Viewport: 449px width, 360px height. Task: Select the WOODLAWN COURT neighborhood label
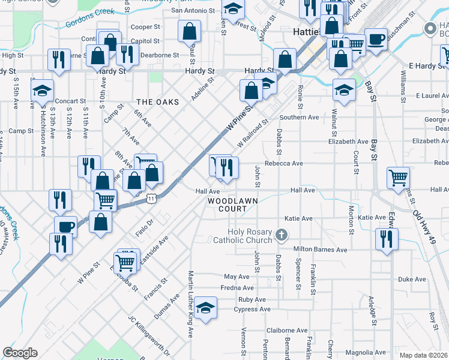coord(228,205)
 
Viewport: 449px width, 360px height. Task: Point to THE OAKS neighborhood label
coord(157,102)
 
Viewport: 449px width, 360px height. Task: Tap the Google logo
coord(20,353)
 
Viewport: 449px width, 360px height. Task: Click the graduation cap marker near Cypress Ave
coord(206,310)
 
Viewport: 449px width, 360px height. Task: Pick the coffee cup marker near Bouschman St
coord(376,40)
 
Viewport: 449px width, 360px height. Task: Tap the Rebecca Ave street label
coord(288,163)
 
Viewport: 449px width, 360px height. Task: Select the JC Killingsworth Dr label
coord(148,334)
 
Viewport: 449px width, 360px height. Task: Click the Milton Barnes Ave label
coord(320,249)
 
